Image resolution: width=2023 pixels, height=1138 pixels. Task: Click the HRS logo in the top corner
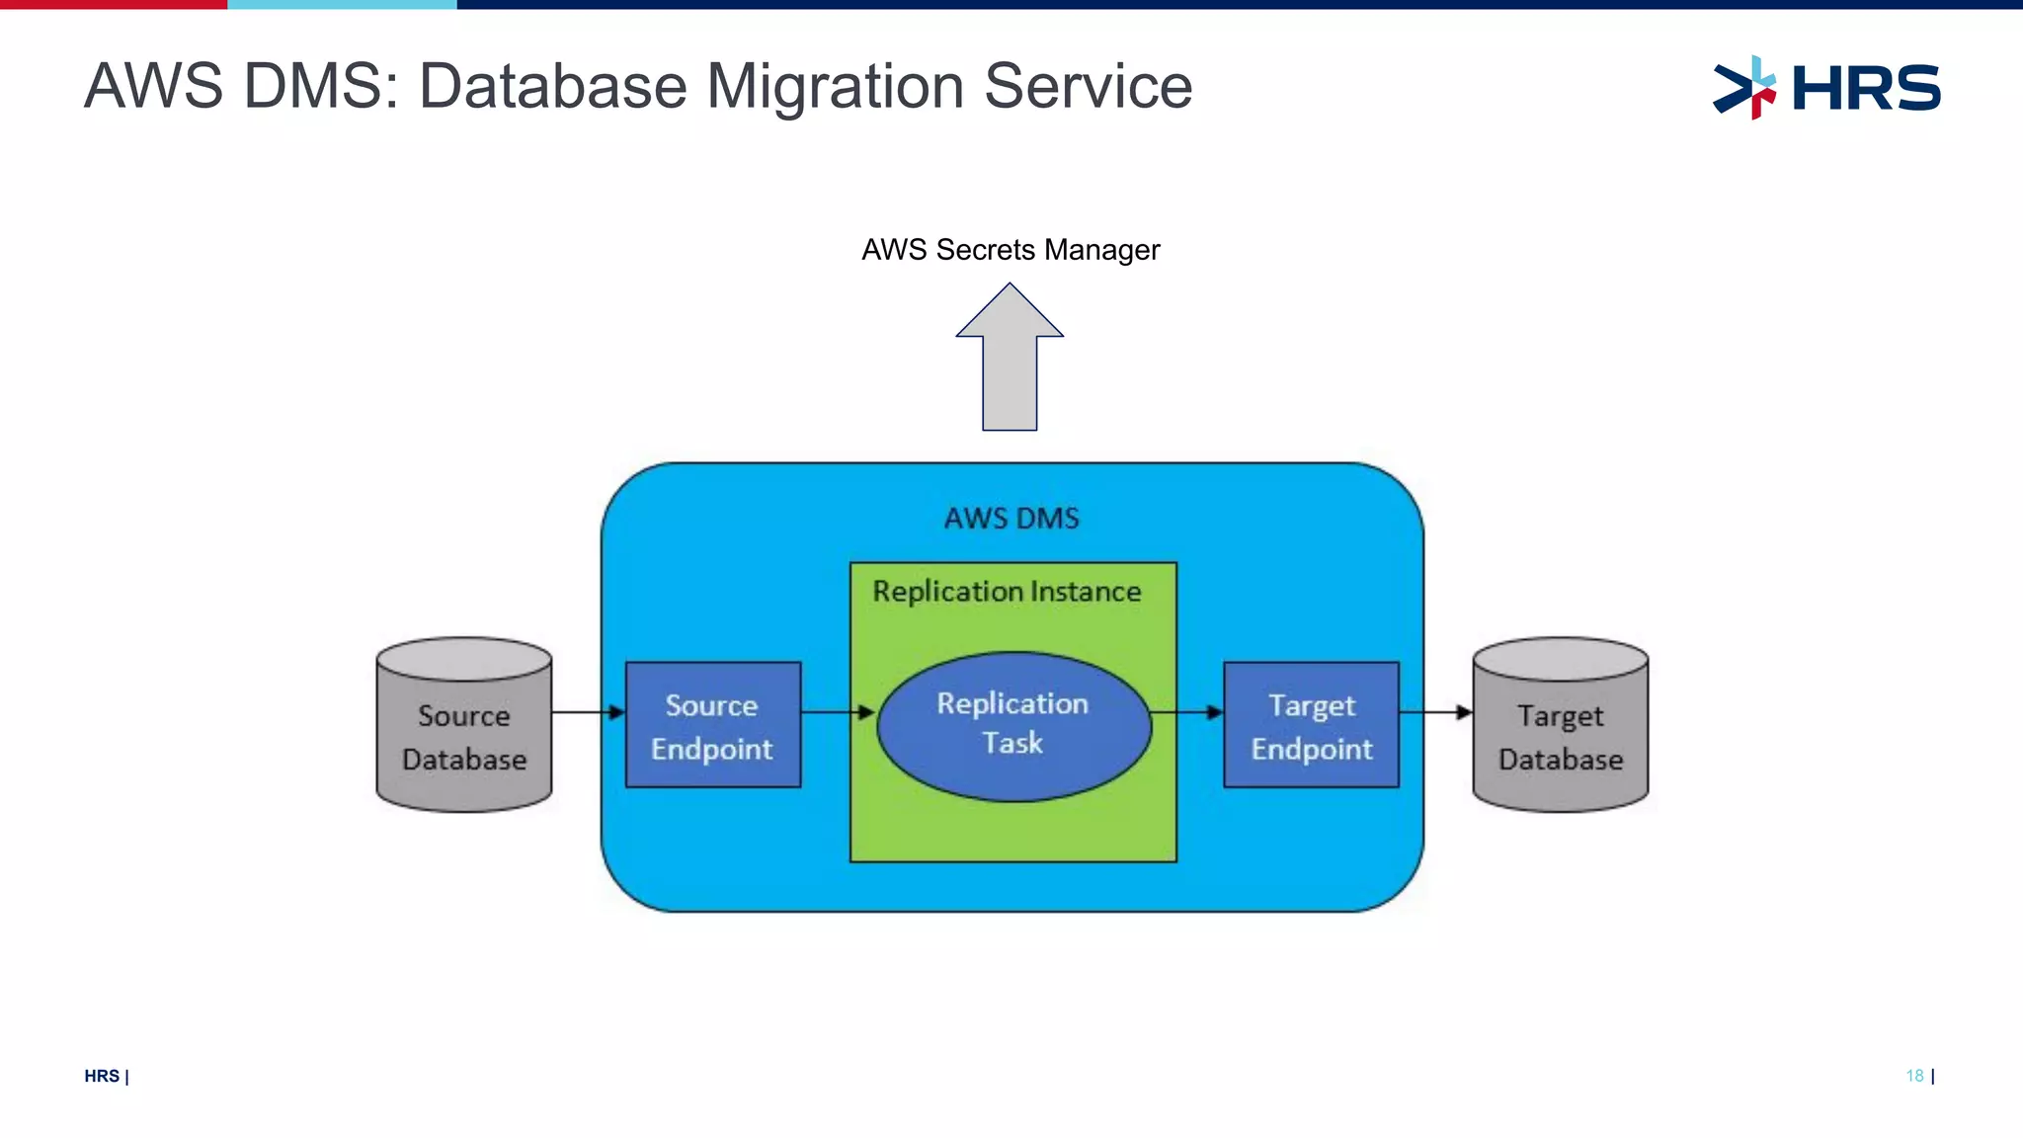pos(1826,87)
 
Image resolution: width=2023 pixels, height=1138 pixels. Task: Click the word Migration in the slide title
pos(836,87)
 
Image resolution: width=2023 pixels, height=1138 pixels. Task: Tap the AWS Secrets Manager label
pos(1010,250)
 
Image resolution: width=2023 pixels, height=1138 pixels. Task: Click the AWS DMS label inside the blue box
pos(1011,519)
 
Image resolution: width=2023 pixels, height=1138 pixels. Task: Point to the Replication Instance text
pos(1007,592)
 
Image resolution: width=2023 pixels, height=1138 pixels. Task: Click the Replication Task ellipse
pos(1013,725)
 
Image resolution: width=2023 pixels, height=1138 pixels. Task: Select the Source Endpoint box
pos(712,725)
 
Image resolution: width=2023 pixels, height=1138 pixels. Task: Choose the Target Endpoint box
pos(1311,725)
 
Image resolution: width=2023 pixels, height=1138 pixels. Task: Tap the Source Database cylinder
pos(463,731)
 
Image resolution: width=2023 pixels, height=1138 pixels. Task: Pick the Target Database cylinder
pos(1560,731)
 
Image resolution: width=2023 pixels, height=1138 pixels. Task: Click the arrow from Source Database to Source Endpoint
pos(588,712)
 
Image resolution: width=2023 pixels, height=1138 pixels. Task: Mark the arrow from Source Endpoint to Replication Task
pos(838,712)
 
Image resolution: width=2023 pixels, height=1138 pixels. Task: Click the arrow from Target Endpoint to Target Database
pos(1435,712)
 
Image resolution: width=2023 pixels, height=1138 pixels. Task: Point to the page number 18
pos(1914,1076)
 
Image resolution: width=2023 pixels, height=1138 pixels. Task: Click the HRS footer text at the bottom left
pos(102,1077)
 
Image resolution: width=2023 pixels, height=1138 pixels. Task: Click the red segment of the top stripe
pos(114,4)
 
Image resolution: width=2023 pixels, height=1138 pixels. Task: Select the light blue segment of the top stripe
pos(342,4)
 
